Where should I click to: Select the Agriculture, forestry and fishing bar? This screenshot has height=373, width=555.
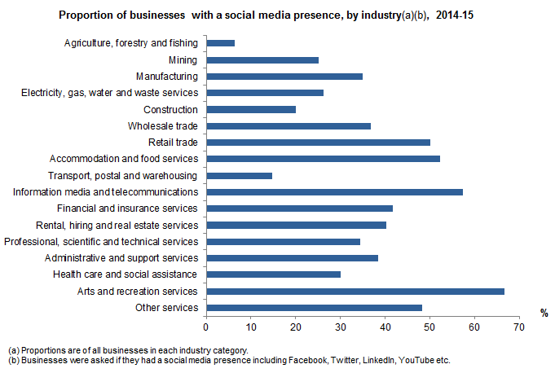[x=221, y=42]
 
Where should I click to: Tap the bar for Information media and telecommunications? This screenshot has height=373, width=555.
[x=335, y=191]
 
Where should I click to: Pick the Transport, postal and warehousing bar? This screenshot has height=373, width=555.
[x=240, y=175]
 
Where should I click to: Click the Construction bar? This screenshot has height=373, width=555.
[x=251, y=109]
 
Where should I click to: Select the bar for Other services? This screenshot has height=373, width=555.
[x=315, y=307]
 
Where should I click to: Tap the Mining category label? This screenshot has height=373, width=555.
[x=184, y=59]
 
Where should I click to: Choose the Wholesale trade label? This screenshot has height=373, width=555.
[x=163, y=125]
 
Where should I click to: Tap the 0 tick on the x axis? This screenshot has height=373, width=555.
[x=207, y=326]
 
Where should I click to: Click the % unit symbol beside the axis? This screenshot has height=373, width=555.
[x=544, y=312]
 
